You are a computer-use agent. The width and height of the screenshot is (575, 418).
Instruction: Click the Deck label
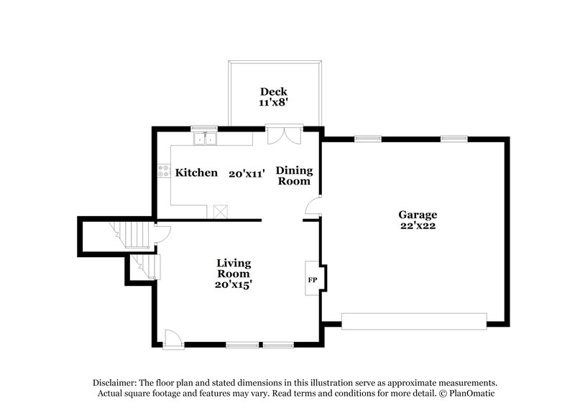coord(273,91)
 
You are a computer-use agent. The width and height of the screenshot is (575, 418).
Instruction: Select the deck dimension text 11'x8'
coord(273,103)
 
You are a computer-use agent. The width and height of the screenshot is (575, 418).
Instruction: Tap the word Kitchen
coord(196,172)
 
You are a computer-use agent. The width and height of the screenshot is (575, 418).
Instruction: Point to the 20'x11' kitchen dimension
coord(247,173)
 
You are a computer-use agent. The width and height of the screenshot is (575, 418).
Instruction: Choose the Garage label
coord(418,214)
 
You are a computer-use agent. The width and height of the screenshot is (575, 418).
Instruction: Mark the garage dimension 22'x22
coord(418,226)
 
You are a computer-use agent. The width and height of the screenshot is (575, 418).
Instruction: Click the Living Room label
coord(234,268)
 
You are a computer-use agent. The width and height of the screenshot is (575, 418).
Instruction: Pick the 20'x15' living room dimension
coord(234,284)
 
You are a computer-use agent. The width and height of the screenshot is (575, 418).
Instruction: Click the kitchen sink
coord(206,139)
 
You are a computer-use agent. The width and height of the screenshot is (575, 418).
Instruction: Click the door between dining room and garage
coord(313,208)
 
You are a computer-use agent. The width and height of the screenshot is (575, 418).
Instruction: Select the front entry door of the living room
coord(172,339)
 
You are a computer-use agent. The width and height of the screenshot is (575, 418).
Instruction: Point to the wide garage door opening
coord(414,321)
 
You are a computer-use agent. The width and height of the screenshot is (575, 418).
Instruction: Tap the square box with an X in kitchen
coord(220,211)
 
